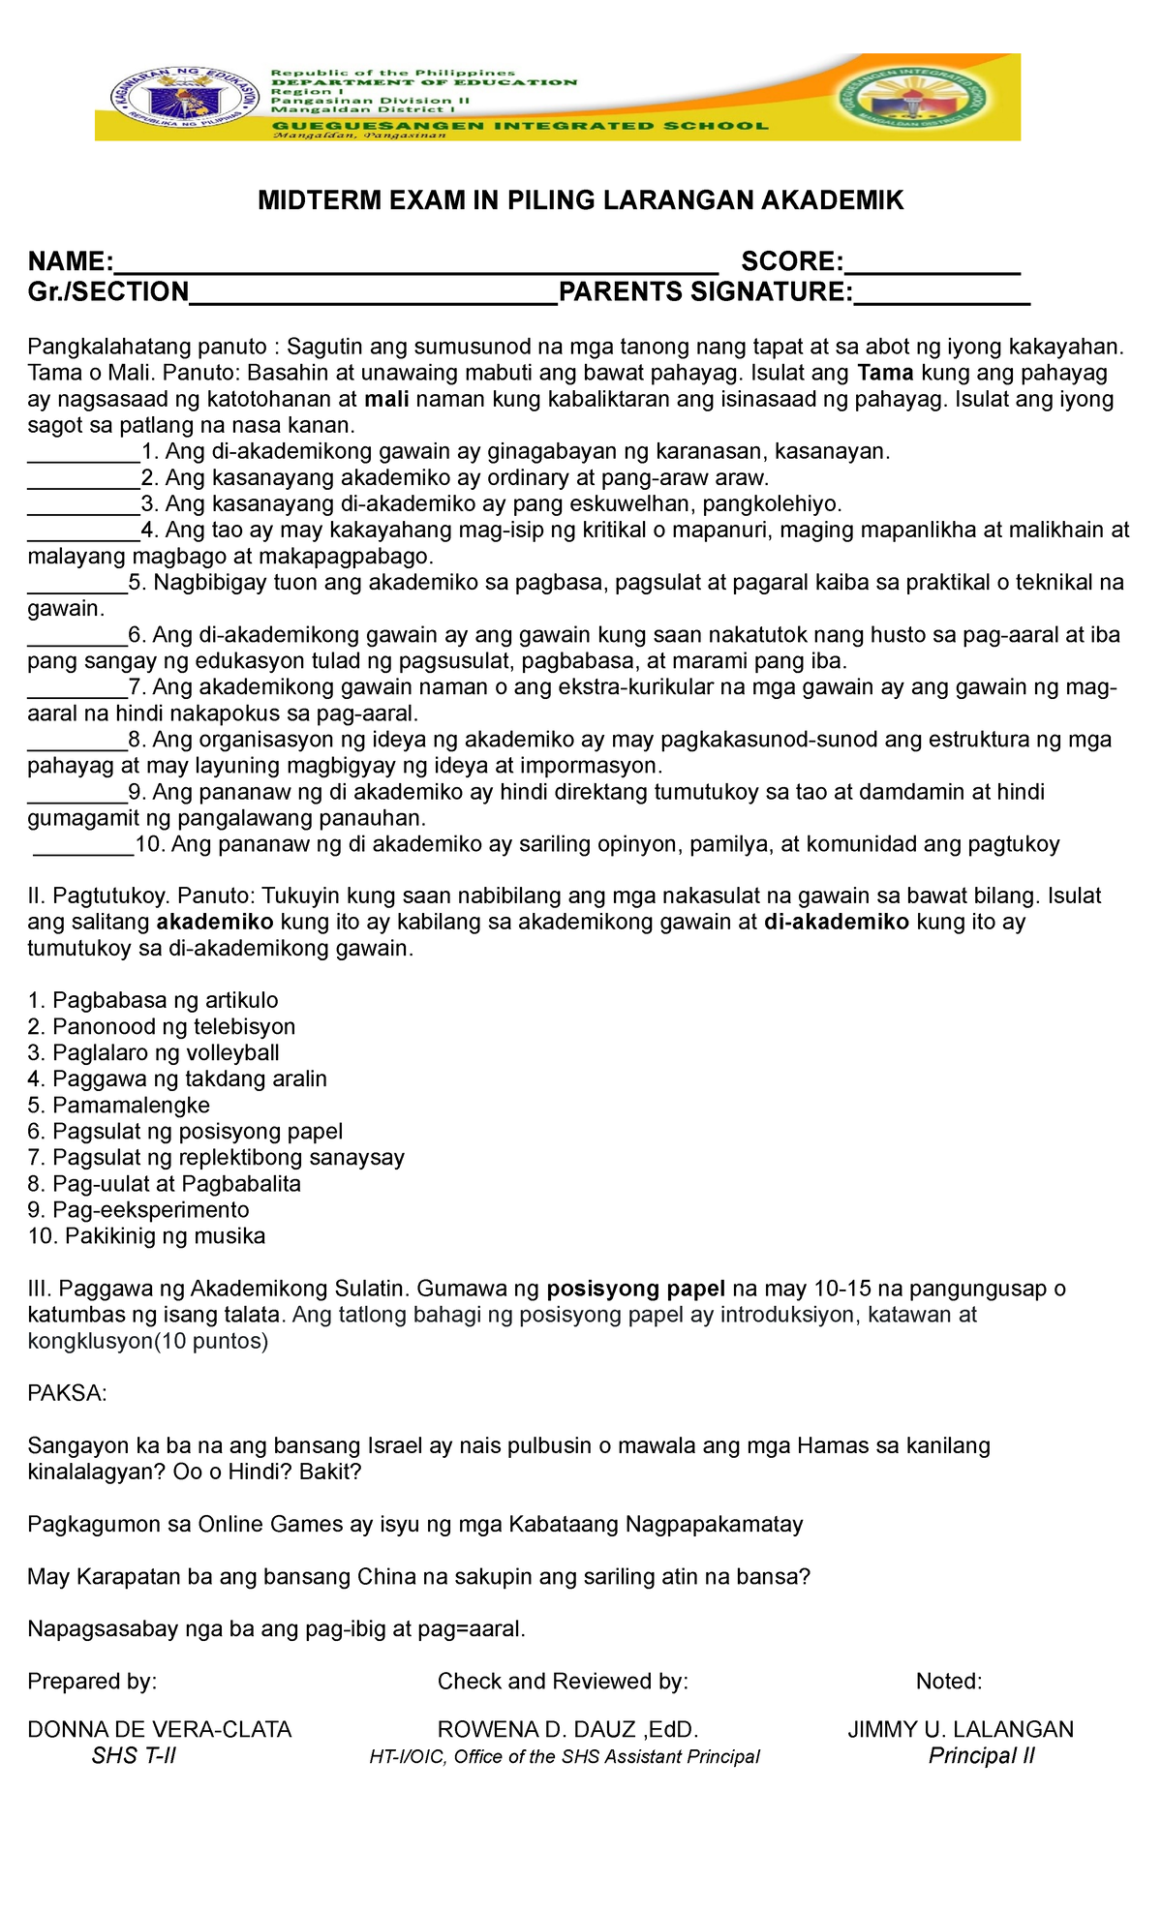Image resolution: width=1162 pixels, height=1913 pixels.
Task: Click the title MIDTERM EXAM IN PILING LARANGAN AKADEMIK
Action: click(580, 200)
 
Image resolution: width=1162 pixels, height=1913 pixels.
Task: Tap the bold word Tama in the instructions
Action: click(886, 373)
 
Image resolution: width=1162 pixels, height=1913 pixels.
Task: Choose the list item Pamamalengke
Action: click(118, 1105)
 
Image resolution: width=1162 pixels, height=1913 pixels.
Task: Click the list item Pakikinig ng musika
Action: click(146, 1235)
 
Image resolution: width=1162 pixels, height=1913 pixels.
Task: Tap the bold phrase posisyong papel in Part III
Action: click(635, 1289)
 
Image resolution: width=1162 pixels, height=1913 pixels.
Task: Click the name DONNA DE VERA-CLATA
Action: click(160, 1729)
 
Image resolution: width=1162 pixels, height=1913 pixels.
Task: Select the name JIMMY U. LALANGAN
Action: click(961, 1729)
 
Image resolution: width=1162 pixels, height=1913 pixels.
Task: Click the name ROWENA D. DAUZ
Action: click(540, 1729)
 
